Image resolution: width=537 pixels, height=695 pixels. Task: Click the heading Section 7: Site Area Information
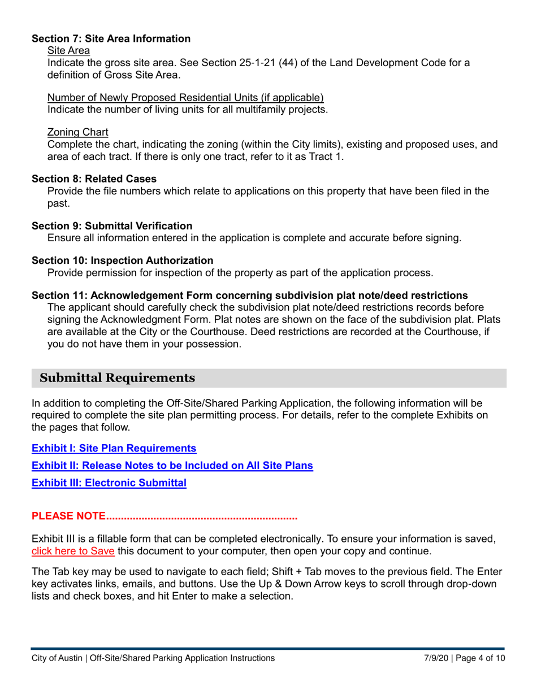coord(111,39)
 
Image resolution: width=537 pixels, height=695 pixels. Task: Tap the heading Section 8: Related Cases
coord(94,178)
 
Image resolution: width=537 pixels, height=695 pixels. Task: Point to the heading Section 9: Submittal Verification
coord(112,225)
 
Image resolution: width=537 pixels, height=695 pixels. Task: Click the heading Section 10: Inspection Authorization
coord(123,260)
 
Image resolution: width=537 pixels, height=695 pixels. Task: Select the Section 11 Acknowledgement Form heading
coord(249,296)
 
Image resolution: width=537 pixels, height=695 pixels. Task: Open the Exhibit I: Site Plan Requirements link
coord(114,449)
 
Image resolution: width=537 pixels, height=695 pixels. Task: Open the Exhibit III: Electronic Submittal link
coord(109,484)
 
